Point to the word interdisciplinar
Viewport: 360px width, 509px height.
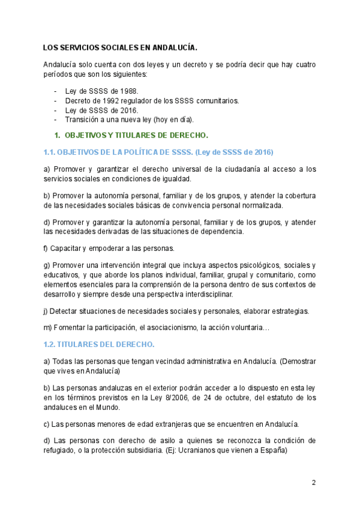[x=204, y=294]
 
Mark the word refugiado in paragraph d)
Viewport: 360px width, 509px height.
[x=62, y=452]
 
